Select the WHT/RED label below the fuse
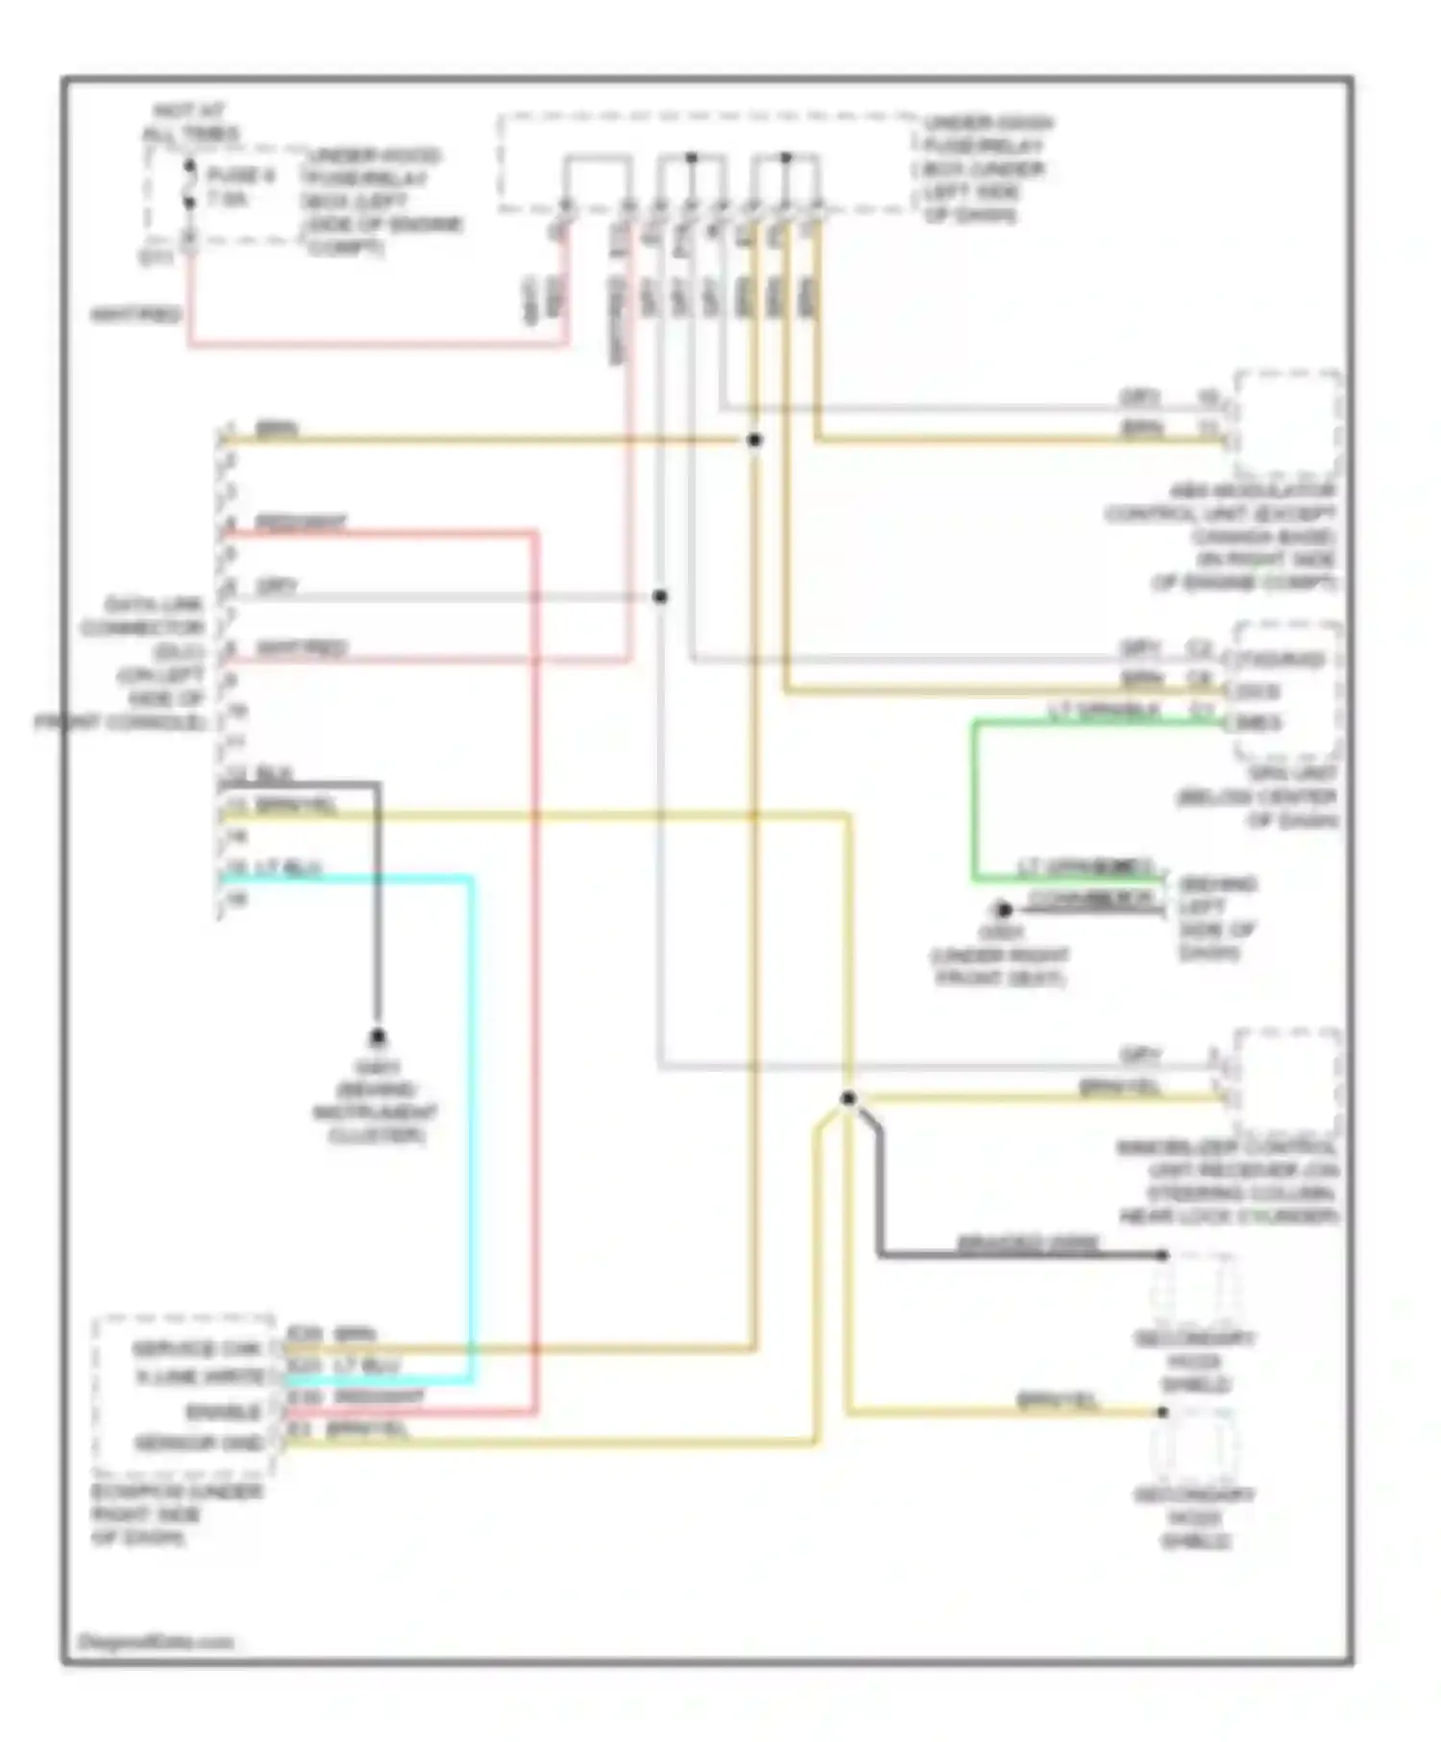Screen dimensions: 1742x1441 pyautogui.click(x=135, y=315)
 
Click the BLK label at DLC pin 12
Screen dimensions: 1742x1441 pyautogui.click(x=275, y=774)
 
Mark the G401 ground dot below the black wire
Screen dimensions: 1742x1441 pyautogui.click(x=378, y=1037)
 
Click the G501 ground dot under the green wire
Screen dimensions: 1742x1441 pyautogui.click(x=1004, y=908)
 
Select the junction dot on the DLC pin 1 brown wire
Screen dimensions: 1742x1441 pyautogui.click(x=755, y=440)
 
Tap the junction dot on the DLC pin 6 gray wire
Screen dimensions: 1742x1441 pyautogui.click(x=660, y=596)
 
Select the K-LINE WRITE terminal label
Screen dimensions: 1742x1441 pyautogui.click(x=199, y=1378)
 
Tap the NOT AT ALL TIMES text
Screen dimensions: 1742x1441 pyautogui.click(x=190, y=123)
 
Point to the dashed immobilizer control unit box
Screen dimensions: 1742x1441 pyautogui.click(x=1287, y=1079)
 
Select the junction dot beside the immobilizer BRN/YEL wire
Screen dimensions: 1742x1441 pyautogui.click(x=847, y=1099)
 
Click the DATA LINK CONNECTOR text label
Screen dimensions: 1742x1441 pyautogui.click(x=144, y=617)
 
